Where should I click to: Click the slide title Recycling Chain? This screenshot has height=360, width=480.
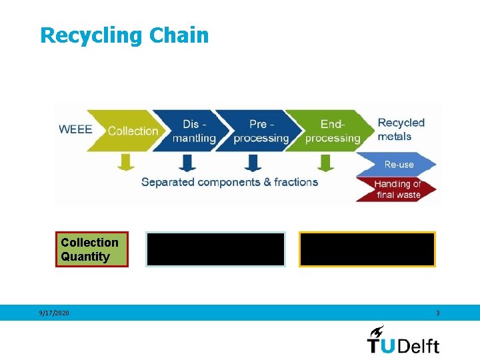click(124, 35)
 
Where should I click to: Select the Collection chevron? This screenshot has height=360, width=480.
click(132, 131)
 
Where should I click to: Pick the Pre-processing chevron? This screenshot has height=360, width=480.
click(260, 131)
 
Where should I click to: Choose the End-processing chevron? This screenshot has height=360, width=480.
click(331, 131)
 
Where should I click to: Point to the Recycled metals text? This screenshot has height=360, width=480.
click(401, 129)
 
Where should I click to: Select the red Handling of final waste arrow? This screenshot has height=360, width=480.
click(397, 189)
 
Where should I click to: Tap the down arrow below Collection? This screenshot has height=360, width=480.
click(125, 162)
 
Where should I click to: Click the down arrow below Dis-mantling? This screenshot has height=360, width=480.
click(189, 162)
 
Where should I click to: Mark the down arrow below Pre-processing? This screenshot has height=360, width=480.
click(253, 162)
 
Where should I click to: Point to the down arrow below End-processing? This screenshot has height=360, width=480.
click(325, 162)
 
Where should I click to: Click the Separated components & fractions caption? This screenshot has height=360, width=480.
click(229, 182)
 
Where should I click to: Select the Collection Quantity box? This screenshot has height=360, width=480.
click(92, 249)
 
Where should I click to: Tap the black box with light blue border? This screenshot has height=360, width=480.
click(216, 249)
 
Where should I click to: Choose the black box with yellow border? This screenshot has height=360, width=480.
click(367, 249)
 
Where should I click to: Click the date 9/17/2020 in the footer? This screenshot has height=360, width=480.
click(54, 313)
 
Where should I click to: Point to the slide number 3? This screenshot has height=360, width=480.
click(437, 313)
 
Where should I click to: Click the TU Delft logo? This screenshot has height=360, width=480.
click(403, 340)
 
